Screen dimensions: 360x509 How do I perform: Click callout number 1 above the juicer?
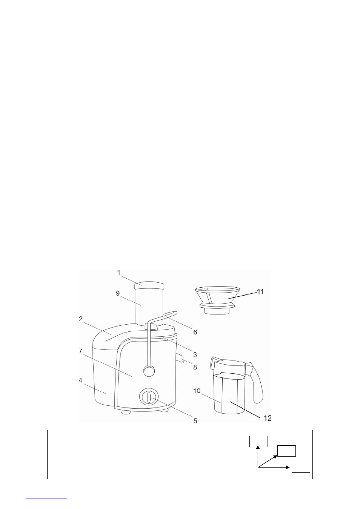pyautogui.click(x=119, y=273)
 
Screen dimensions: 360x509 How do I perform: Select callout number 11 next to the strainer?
pyautogui.click(x=260, y=291)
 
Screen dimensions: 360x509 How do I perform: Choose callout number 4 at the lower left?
pyautogui.click(x=80, y=380)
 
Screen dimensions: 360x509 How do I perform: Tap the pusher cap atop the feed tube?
pyautogui.click(x=149, y=286)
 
